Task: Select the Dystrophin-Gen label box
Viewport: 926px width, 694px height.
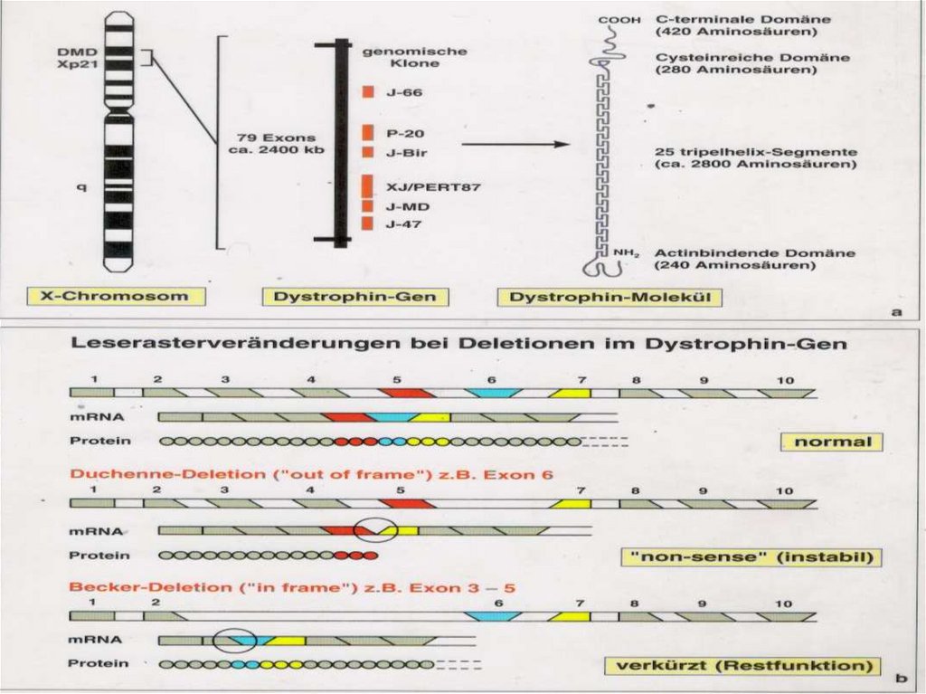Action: (349, 296)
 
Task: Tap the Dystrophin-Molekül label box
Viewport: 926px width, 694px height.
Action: (609, 297)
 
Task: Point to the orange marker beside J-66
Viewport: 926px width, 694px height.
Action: (368, 92)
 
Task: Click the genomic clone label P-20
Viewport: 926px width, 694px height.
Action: (400, 133)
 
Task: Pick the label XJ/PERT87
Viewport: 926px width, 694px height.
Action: (420, 187)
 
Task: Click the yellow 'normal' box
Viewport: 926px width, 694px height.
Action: (831, 442)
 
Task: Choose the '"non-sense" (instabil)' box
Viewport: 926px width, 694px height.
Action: (751, 557)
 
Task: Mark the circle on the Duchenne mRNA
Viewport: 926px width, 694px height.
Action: (373, 529)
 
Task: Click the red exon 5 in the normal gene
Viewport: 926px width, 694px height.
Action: (407, 393)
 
